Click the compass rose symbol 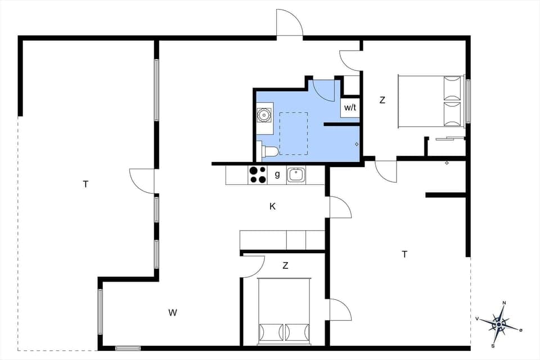(499, 324)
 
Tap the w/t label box (350, 107)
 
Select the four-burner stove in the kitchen (257, 175)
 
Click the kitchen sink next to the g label (296, 175)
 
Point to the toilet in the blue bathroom (267, 151)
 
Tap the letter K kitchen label (272, 206)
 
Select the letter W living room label (173, 312)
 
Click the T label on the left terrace (85, 184)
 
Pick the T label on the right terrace (404, 254)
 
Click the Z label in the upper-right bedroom (382, 100)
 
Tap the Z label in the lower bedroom (285, 265)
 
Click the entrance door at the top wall (289, 24)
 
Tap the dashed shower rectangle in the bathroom (293, 133)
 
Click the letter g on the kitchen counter (277, 174)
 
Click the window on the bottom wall (128, 348)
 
